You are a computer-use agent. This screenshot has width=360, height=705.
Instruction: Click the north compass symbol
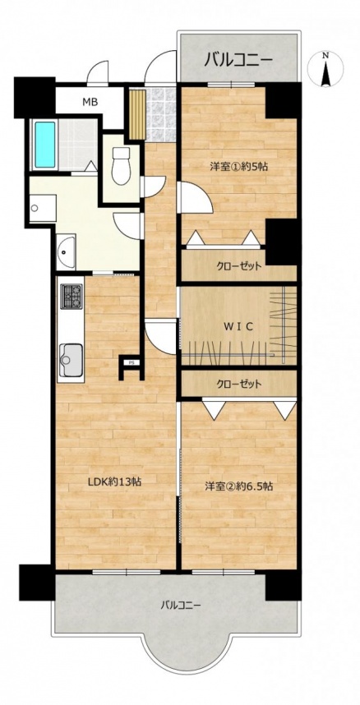[326, 69]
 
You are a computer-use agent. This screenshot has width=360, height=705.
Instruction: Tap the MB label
[90, 102]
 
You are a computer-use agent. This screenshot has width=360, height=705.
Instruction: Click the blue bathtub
[45, 145]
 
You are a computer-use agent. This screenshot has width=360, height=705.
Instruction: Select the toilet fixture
[121, 165]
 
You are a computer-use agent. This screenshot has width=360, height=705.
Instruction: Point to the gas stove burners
[72, 297]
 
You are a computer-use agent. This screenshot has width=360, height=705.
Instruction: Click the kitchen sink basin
[71, 359]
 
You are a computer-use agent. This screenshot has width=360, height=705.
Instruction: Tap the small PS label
[131, 362]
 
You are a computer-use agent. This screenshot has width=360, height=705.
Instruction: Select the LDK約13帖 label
[115, 482]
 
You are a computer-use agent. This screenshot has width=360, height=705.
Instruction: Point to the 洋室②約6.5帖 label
[239, 486]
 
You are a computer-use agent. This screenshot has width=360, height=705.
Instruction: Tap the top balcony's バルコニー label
[238, 59]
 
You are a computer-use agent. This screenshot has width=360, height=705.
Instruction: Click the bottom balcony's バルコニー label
[181, 605]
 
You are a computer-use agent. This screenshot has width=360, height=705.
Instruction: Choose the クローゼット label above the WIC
[238, 266]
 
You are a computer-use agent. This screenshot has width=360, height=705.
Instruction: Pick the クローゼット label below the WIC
[238, 385]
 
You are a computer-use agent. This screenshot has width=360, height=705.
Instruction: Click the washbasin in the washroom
[67, 251]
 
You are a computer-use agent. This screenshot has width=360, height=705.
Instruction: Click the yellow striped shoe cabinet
[137, 114]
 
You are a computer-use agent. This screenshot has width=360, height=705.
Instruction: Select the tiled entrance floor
[160, 115]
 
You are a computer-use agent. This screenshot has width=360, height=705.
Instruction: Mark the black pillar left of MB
[35, 98]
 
